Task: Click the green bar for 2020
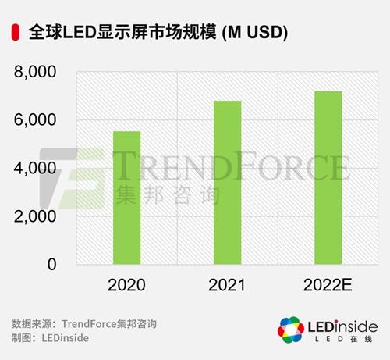[127, 198]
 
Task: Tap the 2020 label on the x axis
[127, 285]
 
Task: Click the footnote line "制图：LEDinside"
[50, 338]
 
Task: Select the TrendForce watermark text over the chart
[230, 167]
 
